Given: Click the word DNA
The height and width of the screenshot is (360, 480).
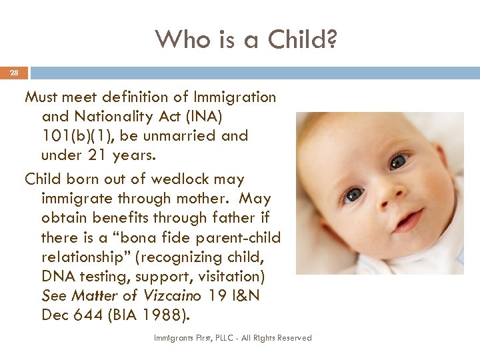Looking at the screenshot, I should coord(55,276).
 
